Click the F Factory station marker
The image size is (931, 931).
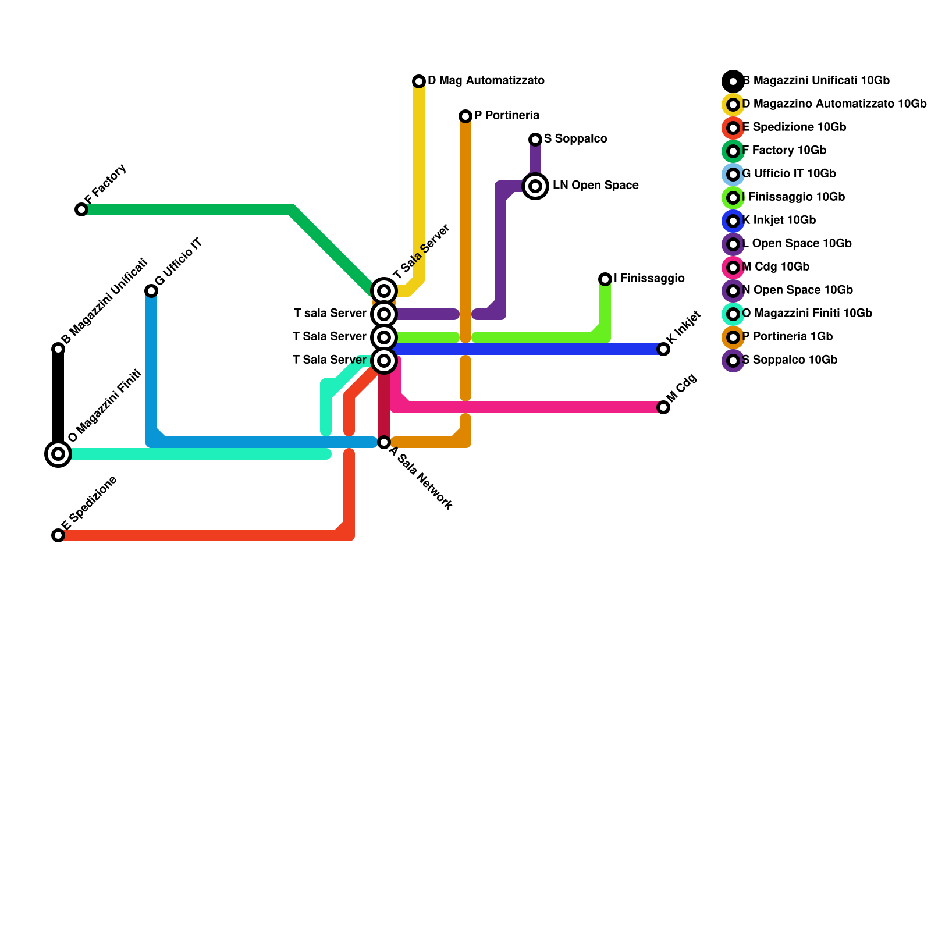click(x=81, y=209)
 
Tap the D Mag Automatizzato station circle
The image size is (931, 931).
click(x=419, y=81)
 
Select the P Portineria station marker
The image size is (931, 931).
click(x=465, y=116)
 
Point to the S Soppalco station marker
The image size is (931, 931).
click(x=535, y=140)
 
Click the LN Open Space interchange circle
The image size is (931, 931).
click(x=535, y=186)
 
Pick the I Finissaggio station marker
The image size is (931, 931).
click(x=605, y=279)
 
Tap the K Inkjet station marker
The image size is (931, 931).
click(x=663, y=349)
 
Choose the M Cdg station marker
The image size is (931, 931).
click(x=663, y=407)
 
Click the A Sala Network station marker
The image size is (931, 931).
click(x=384, y=442)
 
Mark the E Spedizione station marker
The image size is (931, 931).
click(x=58, y=535)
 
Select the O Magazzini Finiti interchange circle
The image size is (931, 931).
click(x=58, y=454)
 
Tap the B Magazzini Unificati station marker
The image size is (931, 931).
click(x=58, y=349)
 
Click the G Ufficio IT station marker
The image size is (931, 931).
click(x=151, y=291)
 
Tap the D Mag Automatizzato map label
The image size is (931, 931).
click(x=486, y=80)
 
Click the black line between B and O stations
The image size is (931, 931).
click(x=58, y=401)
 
